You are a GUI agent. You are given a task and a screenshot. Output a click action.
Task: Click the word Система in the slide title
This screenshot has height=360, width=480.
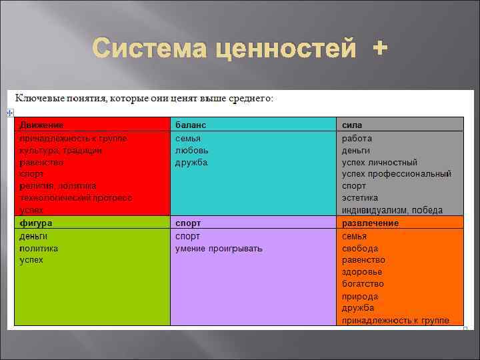tap(143, 49)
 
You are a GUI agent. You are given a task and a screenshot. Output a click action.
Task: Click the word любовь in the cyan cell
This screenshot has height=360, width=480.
tap(191, 151)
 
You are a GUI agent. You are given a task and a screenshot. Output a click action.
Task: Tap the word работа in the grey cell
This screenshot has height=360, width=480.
tap(357, 139)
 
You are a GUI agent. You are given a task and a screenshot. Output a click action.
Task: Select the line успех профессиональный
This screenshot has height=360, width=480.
tap(396, 174)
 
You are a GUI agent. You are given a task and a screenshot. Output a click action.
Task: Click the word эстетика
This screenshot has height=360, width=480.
tap(360, 198)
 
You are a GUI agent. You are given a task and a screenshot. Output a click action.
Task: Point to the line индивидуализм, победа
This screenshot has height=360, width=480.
tap(392, 210)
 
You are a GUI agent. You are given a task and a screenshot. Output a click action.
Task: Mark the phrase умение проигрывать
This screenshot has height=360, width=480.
tap(219, 248)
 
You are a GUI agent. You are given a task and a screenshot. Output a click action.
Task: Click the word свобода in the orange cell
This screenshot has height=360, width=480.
tap(360, 248)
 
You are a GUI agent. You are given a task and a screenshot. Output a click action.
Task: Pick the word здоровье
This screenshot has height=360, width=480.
tap(362, 272)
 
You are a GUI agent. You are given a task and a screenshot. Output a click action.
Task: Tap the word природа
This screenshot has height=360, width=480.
tap(360, 296)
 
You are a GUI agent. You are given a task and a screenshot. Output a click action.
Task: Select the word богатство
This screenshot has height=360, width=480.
tap(363, 284)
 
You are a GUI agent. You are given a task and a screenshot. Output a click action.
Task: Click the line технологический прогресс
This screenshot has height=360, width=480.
tap(75, 198)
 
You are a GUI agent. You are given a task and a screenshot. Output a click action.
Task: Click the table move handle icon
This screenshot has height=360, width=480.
tap(10, 113)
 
